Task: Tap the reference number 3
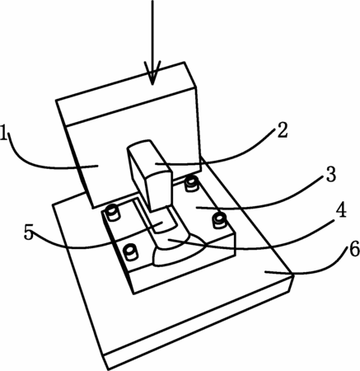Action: coord(330,174)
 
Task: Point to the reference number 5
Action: coord(28,232)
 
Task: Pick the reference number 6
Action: coord(353,250)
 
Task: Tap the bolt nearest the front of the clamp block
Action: coord(130,252)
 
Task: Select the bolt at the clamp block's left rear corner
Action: coord(113,213)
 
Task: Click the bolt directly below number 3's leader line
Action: coord(219,221)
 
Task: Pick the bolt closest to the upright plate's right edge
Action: coord(191,183)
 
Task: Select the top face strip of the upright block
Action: coord(126,93)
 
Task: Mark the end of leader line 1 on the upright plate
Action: coord(97,166)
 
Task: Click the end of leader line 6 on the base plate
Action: coord(264,271)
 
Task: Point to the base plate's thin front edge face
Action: coord(199,324)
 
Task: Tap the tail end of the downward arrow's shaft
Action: coord(152,1)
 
